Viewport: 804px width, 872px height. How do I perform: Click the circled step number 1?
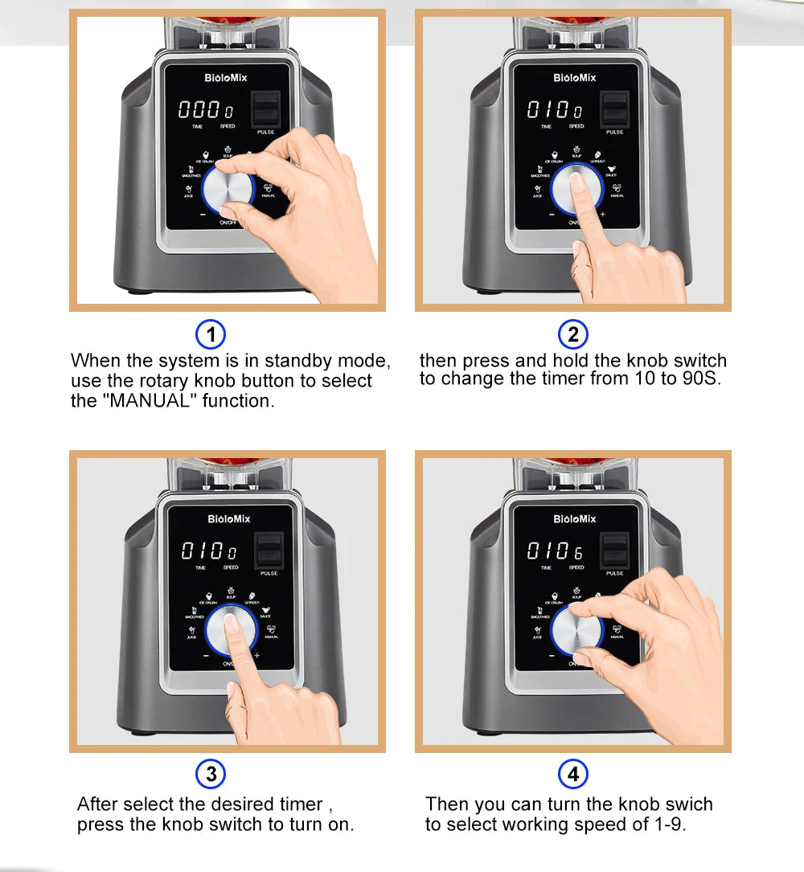(211, 334)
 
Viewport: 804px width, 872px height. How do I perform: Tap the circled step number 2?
(572, 334)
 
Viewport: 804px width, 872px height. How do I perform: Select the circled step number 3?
(211, 774)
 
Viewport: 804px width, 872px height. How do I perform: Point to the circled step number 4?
(572, 774)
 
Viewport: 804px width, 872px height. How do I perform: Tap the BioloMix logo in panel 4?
(575, 519)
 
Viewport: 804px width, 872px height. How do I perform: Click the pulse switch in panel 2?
(616, 109)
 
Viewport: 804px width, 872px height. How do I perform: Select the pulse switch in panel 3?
(269, 551)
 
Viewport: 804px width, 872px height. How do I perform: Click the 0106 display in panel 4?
(555, 551)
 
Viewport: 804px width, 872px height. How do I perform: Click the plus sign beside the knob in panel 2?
(602, 215)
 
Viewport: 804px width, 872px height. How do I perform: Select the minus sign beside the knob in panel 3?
(206, 655)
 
